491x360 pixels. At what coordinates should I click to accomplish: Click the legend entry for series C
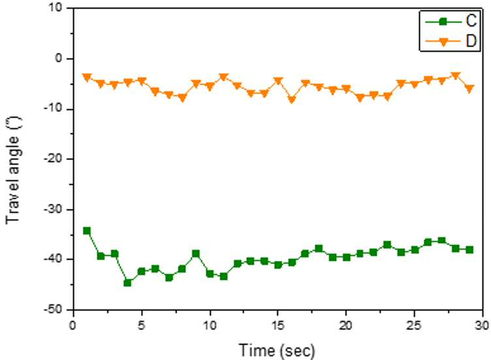point(451,21)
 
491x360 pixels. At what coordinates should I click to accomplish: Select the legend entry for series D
point(451,41)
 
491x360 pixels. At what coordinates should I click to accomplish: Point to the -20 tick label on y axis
point(54,159)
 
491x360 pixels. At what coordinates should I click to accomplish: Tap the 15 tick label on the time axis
point(277,325)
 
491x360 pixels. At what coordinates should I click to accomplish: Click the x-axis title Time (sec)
point(277,350)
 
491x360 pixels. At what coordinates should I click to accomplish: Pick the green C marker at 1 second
point(87,231)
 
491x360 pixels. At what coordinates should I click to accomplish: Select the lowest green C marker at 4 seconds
point(127,283)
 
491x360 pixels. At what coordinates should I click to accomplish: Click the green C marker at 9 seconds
point(196,254)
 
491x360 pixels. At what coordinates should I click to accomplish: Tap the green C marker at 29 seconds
point(469,250)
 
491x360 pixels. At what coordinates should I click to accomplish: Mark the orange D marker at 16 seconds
point(291,100)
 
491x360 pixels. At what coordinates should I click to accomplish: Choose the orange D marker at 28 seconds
point(456,76)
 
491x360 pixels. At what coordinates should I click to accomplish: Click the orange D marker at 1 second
point(87,77)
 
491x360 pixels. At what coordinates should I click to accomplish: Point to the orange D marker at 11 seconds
point(223,76)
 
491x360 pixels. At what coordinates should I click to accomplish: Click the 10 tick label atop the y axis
point(55,8)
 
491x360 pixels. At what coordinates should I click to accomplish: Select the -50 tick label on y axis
point(54,310)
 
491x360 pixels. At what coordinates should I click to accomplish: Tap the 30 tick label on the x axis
point(482,325)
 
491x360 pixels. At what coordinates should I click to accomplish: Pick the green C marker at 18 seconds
point(319,249)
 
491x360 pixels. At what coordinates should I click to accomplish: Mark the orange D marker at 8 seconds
point(182,99)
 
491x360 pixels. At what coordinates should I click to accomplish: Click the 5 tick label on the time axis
point(142,325)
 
